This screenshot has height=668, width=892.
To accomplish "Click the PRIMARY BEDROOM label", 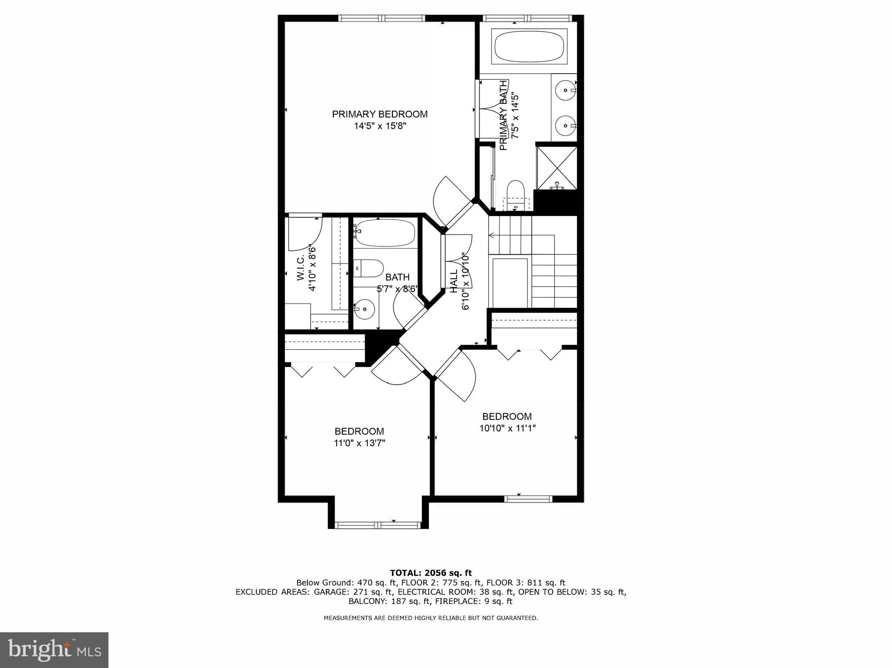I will (x=379, y=114).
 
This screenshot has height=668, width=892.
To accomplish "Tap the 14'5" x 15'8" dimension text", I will (x=379, y=126).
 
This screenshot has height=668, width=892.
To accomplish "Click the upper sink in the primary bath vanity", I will (x=566, y=91).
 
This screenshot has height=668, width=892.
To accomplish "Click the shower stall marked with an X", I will (x=557, y=168).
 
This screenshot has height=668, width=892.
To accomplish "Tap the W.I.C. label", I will (x=301, y=269).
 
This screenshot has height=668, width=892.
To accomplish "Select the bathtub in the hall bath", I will (x=384, y=233).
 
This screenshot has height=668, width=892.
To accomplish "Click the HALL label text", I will (x=454, y=281).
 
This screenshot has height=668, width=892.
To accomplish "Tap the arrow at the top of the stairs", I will (x=492, y=236).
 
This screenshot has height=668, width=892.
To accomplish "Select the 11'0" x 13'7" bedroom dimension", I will (x=359, y=443).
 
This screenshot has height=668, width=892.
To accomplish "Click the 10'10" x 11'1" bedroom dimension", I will (x=507, y=428).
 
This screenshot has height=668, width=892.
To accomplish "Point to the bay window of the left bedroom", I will (x=378, y=525).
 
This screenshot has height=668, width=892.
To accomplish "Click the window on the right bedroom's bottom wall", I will (x=528, y=499).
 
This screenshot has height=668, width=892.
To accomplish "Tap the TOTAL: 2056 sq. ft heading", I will (x=430, y=573).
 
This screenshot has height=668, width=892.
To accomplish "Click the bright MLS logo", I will (x=54, y=650).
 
